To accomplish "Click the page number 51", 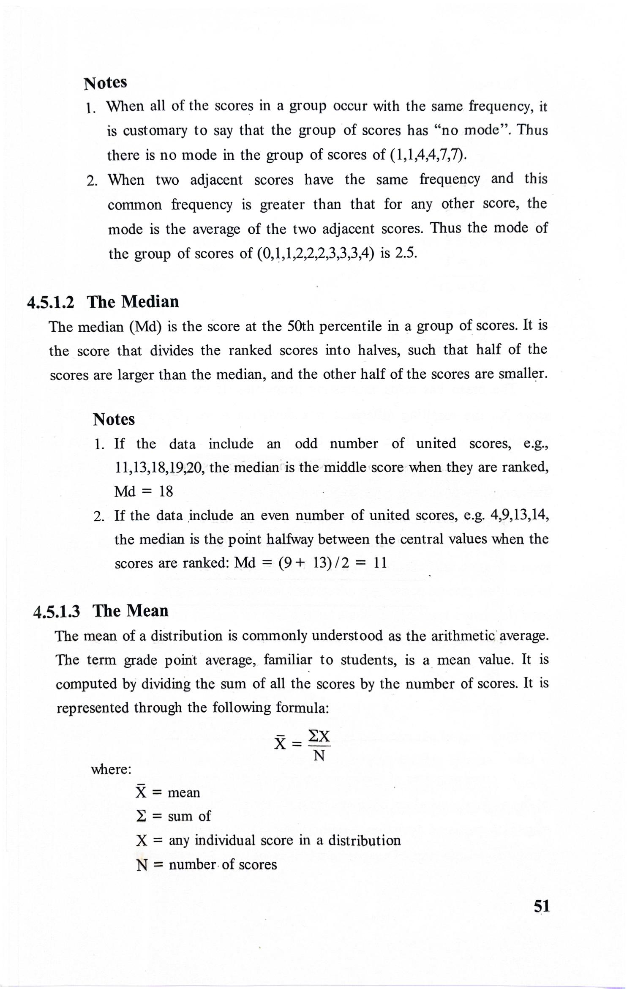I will pyautogui.click(x=542, y=918).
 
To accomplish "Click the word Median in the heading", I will pyautogui.click(x=150, y=302).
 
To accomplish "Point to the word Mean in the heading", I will pyautogui.click(x=148, y=611).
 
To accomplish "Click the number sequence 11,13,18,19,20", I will pyautogui.click(x=160, y=467).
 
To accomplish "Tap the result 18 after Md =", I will pyautogui.click(x=166, y=492).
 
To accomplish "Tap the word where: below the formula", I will pyautogui.click(x=111, y=770).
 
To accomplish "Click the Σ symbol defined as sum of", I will pyautogui.click(x=141, y=816).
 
